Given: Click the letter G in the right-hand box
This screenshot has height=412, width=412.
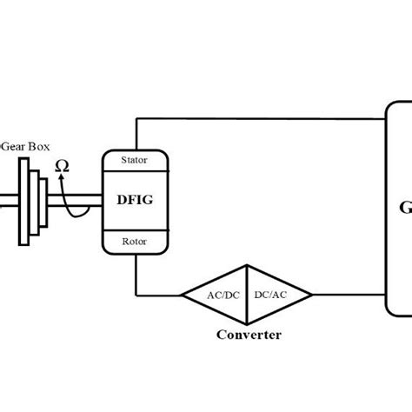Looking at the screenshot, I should [405, 208].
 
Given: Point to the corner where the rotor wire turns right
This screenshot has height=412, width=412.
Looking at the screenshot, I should [137, 295].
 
